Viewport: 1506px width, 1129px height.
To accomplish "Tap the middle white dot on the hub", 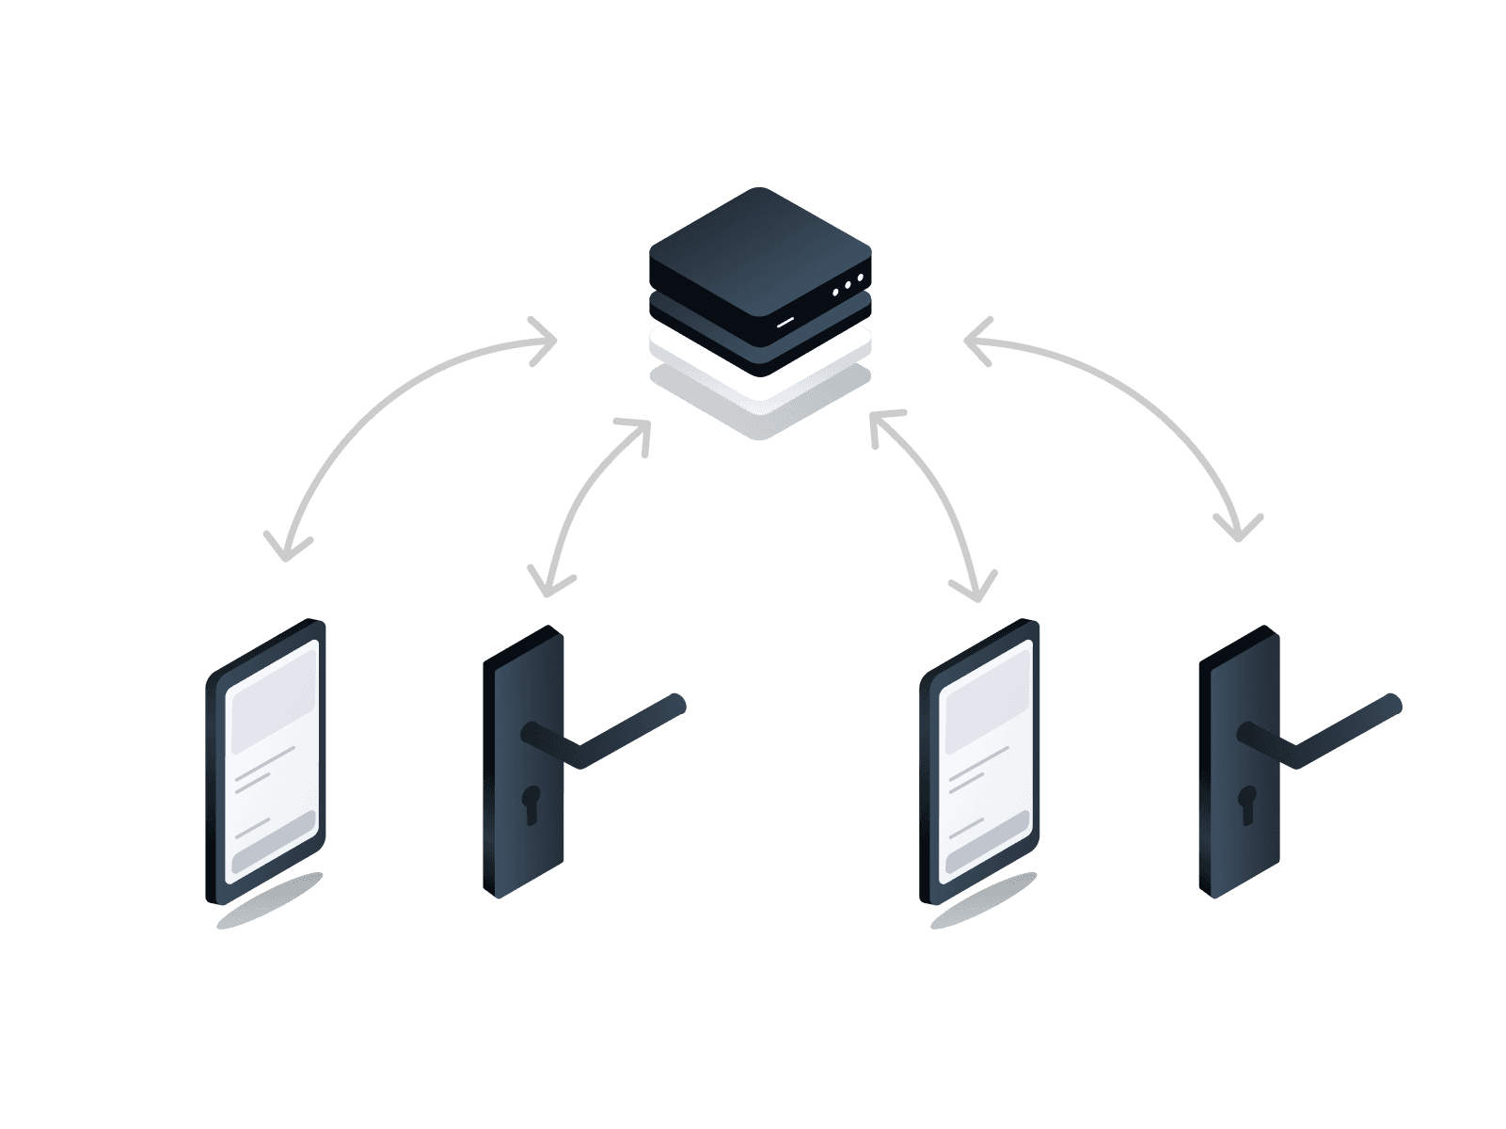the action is tap(848, 284).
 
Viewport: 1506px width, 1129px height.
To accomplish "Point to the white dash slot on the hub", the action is tap(785, 320).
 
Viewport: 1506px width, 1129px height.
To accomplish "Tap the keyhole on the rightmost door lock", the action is tap(1247, 803).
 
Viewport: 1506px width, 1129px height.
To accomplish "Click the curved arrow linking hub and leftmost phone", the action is tap(376, 414).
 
